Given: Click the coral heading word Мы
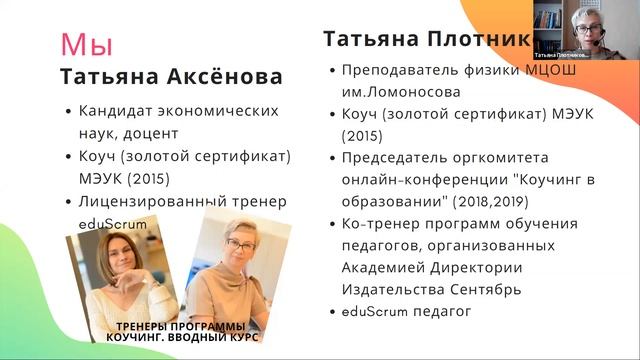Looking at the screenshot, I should click(87, 45).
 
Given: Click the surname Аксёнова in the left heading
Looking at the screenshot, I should click(222, 77).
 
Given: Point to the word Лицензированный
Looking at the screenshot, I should click(151, 201).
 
